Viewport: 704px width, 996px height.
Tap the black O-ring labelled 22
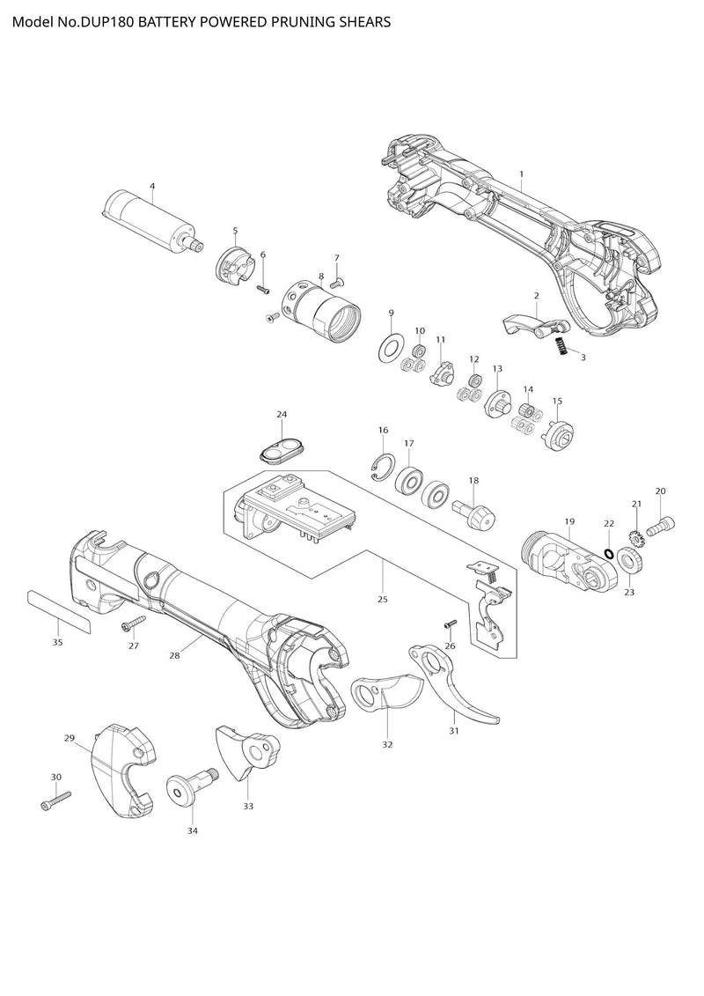608,552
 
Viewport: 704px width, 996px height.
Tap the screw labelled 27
131,625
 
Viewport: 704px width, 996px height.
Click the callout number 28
173,654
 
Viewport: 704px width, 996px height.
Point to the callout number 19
569,522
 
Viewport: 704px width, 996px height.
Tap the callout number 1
521,174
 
